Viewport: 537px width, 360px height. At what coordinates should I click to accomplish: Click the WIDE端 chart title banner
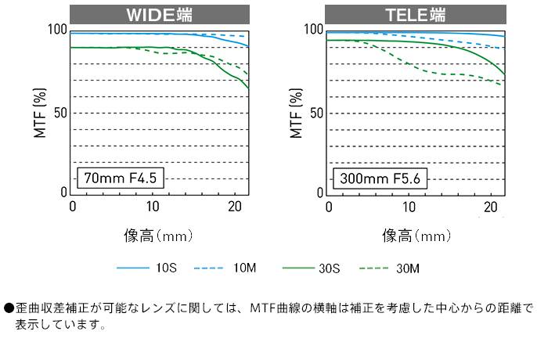160,15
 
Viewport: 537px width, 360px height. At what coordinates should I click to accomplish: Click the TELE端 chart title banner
416,15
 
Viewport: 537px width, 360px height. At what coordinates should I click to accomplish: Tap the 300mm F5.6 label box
380,178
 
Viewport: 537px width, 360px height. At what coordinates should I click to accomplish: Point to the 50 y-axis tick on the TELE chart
317,112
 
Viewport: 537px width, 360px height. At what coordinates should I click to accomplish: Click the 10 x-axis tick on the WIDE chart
152,207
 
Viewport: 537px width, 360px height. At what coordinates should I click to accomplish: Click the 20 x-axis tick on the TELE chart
489,207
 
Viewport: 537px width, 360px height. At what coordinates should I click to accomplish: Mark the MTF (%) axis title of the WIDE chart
40,112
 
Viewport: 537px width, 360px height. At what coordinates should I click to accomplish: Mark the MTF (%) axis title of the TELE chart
296,112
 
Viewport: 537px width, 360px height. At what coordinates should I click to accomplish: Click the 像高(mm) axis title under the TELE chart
416,234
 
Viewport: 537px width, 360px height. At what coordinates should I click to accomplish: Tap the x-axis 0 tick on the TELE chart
328,207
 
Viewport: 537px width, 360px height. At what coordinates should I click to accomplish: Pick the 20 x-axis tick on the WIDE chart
232,207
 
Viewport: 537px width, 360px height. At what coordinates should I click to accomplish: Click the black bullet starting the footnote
8,309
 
